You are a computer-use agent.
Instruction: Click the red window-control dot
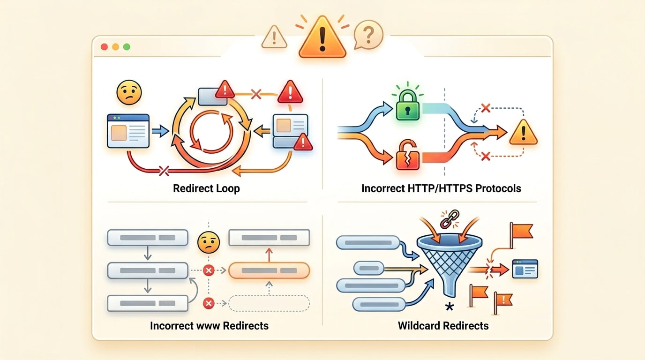[104, 47]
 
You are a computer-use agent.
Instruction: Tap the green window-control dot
[127, 47]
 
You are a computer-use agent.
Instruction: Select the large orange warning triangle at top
[322, 39]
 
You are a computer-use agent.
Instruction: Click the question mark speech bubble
[368, 35]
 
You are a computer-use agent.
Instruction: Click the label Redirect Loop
[206, 189]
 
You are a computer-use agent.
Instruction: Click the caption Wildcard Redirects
[443, 325]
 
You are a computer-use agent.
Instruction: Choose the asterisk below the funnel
[450, 307]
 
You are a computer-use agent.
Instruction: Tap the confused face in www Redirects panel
[209, 242]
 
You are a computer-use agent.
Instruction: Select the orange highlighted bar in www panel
[269, 270]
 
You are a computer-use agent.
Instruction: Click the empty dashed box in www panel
[269, 303]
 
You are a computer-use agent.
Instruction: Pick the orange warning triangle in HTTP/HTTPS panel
[523, 133]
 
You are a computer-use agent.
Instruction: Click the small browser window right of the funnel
[525, 269]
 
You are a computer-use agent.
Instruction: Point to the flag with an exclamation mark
[502, 300]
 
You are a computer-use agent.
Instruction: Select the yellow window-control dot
[115, 47]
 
